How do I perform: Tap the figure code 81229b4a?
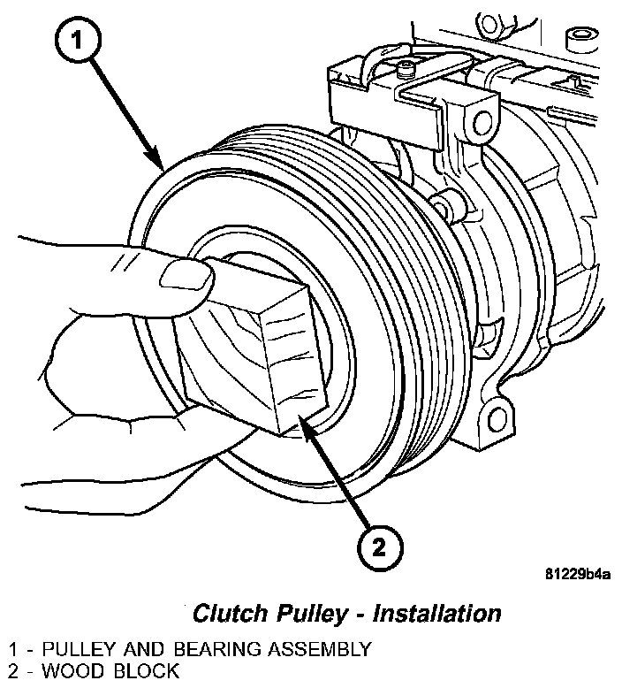(577, 574)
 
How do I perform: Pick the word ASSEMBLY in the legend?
(320, 650)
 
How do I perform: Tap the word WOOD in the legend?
(69, 670)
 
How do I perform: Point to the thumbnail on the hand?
(188, 277)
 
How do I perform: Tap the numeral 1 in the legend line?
(13, 650)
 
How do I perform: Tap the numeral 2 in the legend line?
(13, 670)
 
